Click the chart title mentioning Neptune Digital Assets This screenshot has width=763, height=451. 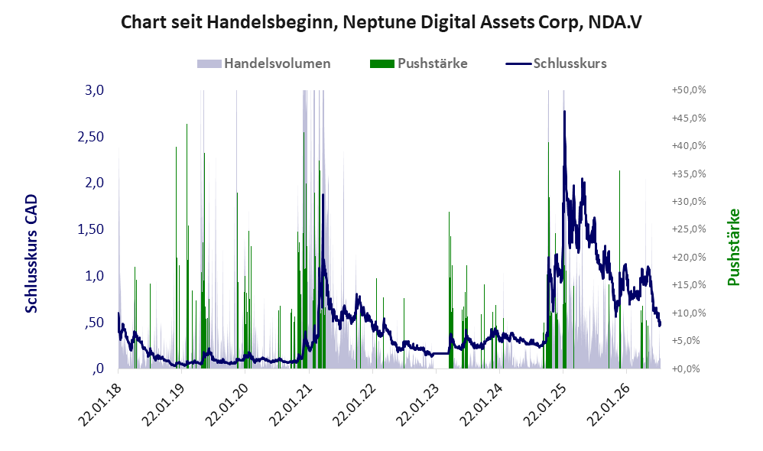click(381, 22)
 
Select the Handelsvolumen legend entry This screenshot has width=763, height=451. click(264, 63)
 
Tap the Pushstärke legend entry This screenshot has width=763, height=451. click(418, 63)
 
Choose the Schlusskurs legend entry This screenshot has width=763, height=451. click(556, 63)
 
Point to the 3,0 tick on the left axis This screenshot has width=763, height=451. click(94, 90)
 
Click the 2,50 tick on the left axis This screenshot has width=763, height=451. click(91, 137)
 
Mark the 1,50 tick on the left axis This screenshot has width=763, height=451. click(91, 229)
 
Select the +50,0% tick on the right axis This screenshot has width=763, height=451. click(689, 90)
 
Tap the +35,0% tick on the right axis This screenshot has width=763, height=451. click(689, 174)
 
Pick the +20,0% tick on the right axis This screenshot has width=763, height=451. click(689, 258)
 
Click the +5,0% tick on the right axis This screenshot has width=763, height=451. click(690, 341)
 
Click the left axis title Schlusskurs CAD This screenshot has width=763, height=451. click(31, 254)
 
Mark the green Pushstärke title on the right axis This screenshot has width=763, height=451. click(733, 247)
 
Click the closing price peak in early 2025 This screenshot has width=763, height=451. click(564, 112)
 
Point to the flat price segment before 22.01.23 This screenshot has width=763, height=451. click(441, 353)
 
